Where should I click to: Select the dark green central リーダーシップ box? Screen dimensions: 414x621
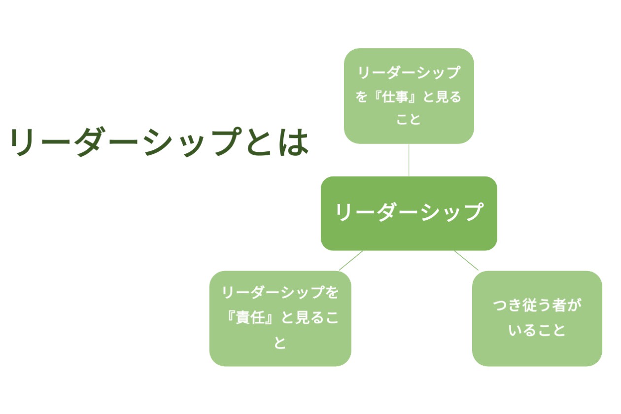coord(409,213)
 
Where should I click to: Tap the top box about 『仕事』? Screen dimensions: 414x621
coord(409,96)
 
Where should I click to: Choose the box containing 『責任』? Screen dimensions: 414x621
coord(280,318)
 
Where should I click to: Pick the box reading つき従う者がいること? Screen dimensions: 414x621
coord(537,318)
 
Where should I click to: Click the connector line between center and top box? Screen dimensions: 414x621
coord(409,160)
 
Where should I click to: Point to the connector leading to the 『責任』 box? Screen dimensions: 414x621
coord(351,260)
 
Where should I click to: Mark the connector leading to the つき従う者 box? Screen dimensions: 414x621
coord(466,260)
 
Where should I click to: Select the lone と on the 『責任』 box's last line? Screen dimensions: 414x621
coord(280,343)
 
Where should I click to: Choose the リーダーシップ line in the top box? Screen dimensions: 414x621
coord(409,73)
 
